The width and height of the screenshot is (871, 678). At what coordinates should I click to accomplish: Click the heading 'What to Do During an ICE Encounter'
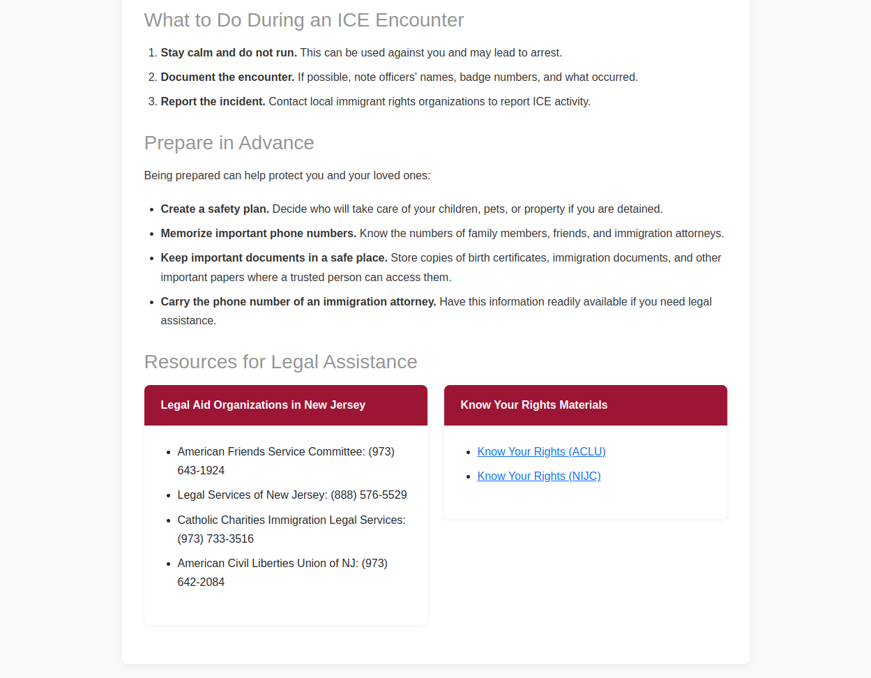tap(303, 20)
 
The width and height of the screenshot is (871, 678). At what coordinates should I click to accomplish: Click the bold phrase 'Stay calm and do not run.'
tap(229, 53)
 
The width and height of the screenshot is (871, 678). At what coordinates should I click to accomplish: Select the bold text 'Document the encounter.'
tap(227, 77)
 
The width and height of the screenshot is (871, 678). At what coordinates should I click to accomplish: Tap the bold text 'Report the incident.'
tap(213, 102)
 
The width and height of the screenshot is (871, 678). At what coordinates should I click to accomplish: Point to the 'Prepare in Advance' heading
tap(229, 143)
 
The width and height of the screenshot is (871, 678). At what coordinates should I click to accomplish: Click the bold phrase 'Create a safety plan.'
tap(215, 209)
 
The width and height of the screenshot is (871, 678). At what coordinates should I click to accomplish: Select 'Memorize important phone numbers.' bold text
tap(258, 234)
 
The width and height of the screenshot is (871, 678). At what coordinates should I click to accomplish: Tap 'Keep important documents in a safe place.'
tap(273, 258)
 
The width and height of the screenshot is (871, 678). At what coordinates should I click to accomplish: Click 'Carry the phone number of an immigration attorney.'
tap(298, 302)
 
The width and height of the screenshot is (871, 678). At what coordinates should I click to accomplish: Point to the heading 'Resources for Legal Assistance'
tap(280, 362)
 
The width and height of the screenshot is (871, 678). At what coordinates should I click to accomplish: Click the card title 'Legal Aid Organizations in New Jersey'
tap(263, 405)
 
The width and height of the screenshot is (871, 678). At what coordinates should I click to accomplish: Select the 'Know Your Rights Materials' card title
tap(533, 405)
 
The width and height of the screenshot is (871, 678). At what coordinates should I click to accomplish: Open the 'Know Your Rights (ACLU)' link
tap(541, 452)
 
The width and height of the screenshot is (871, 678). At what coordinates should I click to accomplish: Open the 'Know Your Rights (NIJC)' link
tap(538, 476)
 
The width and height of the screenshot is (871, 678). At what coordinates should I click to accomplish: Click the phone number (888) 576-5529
tap(369, 495)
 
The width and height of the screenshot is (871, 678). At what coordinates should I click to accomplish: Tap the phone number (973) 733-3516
tap(215, 539)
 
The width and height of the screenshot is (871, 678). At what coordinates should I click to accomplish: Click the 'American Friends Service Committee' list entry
tap(271, 452)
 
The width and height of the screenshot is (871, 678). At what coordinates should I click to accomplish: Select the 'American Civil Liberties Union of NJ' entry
tap(268, 564)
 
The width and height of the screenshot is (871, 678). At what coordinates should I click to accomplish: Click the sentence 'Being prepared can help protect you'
tap(287, 176)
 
